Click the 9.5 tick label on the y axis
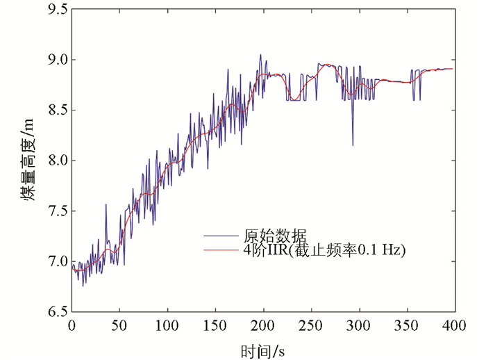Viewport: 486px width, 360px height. (56, 10)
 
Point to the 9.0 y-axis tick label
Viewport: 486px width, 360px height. (56, 60)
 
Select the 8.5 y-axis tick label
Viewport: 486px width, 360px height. (56, 111)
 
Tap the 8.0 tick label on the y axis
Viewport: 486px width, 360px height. (56, 161)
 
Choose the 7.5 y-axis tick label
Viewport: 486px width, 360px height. (56, 211)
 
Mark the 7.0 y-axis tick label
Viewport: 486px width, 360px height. (56, 261)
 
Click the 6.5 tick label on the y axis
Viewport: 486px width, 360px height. (56, 311)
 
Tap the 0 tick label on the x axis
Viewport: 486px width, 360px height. (72, 325)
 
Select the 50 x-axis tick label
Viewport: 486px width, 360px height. (119, 325)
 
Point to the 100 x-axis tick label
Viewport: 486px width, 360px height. (167, 325)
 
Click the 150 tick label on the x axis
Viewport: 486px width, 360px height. (215, 325)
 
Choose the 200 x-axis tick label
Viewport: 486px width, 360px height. (263, 325)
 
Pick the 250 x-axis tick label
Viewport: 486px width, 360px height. (311, 325)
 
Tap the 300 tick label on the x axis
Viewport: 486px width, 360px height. (359, 325)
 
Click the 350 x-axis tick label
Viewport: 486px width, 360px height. (407, 325)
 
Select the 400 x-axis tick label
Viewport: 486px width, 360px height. (454, 325)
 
